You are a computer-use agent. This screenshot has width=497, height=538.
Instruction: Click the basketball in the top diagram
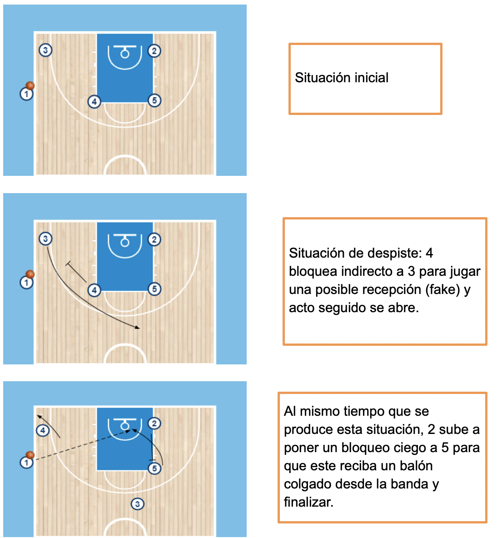[x=30, y=85]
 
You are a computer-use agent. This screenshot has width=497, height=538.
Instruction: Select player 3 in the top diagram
[x=45, y=50]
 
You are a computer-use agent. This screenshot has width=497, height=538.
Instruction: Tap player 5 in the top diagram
[x=154, y=100]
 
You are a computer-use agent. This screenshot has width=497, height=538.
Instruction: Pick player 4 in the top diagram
[x=94, y=102]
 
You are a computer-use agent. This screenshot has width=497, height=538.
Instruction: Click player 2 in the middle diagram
[x=154, y=239]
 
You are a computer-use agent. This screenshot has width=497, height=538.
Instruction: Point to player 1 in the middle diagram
[x=26, y=283]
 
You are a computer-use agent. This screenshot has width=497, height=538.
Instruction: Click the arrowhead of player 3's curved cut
[x=138, y=328]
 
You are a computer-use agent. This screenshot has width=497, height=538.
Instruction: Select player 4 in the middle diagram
[x=94, y=290]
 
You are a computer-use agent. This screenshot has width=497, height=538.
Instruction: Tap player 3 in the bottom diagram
[x=138, y=503]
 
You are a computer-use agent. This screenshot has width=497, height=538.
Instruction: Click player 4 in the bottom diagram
[x=43, y=430]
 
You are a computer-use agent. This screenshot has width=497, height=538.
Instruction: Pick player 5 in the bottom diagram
[x=154, y=468]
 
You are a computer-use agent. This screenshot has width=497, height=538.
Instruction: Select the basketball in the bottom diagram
[x=30, y=455]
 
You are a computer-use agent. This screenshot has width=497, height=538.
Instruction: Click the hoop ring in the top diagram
[x=125, y=54]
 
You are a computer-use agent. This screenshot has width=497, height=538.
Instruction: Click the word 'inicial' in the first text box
[x=372, y=78]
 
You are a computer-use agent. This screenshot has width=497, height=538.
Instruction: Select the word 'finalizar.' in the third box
[x=309, y=502]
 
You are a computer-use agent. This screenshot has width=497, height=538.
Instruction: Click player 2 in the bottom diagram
[x=154, y=423]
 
